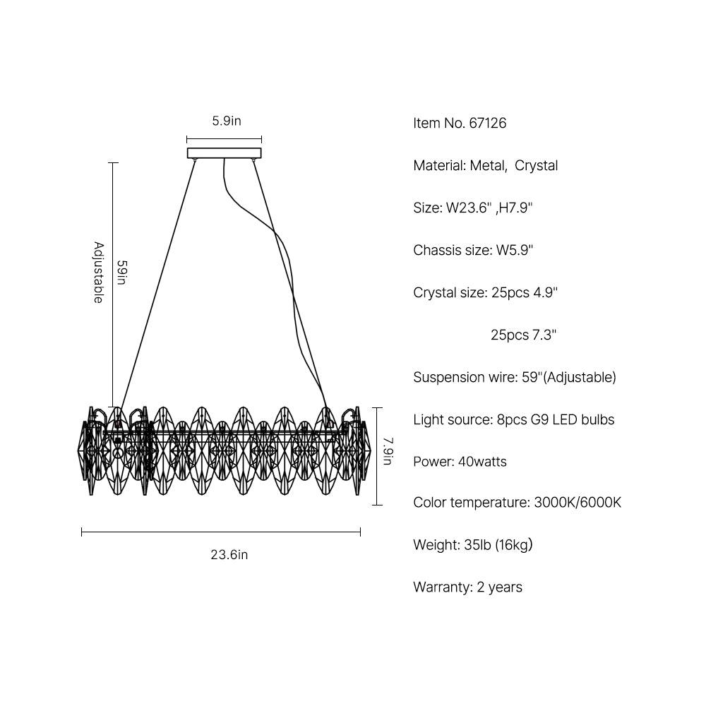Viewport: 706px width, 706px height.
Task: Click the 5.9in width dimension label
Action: point(227,121)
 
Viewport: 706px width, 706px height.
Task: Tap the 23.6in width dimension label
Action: point(229,555)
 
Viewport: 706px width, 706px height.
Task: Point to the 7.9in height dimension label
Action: point(388,452)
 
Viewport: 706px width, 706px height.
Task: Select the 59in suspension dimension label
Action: point(121,273)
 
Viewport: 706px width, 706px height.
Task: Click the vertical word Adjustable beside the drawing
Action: point(99,273)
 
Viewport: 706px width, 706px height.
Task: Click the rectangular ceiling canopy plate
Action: point(224,152)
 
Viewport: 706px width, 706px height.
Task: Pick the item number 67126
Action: point(487,124)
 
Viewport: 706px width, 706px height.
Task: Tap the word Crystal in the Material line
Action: point(536,166)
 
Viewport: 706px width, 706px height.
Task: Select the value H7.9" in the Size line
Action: point(516,208)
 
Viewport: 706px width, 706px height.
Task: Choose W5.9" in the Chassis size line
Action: point(512,251)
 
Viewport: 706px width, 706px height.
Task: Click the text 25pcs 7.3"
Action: point(523,335)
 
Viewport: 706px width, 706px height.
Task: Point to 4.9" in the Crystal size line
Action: point(546,293)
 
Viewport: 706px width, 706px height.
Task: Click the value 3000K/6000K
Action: point(578,503)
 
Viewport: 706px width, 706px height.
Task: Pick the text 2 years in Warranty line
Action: point(499,587)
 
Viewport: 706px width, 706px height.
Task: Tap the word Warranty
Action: point(441,587)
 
